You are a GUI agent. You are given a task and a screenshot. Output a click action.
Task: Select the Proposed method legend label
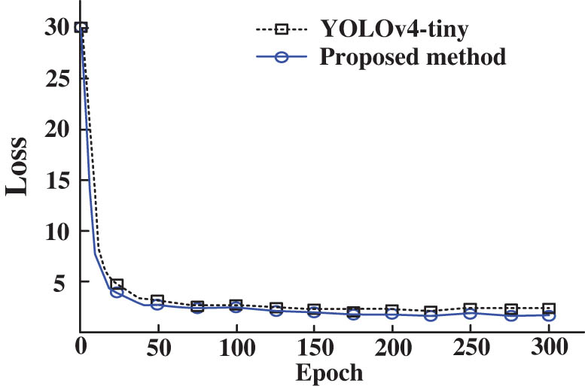click(x=413, y=57)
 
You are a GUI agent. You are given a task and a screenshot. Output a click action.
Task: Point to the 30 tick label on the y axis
click(x=55, y=28)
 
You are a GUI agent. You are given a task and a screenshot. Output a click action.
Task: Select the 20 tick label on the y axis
click(x=55, y=129)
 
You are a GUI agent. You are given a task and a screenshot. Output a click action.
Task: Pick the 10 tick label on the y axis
click(x=55, y=232)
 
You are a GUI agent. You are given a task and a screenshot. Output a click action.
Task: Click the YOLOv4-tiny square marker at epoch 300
click(x=549, y=308)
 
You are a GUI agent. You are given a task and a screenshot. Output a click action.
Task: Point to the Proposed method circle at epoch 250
click(x=470, y=313)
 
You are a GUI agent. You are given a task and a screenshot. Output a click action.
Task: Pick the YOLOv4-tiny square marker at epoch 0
click(x=81, y=28)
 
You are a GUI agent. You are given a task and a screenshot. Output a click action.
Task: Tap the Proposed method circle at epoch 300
click(x=549, y=315)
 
